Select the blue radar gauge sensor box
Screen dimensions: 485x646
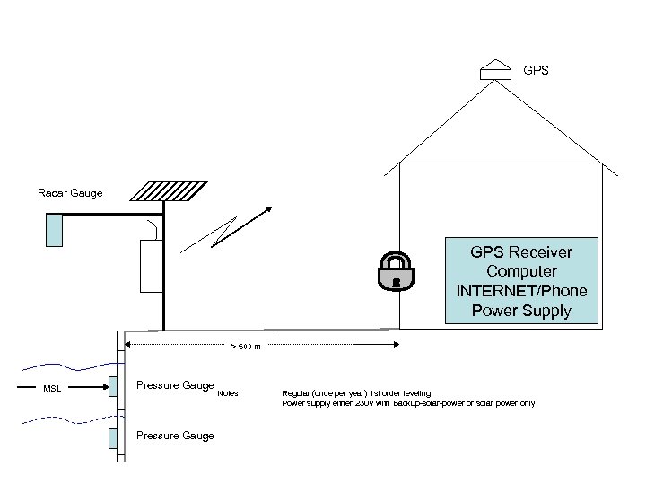pyautogui.click(x=55, y=228)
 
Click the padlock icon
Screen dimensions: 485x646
pyautogui.click(x=395, y=270)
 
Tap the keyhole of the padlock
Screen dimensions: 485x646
pyautogui.click(x=395, y=279)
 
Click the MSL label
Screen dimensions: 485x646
pyautogui.click(x=52, y=389)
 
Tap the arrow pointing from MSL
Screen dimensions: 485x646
pyautogui.click(x=85, y=388)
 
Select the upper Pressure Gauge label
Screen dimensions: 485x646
pyautogui.click(x=175, y=385)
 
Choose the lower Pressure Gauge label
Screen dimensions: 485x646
pyautogui.click(x=175, y=436)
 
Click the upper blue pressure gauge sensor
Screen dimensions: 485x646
pyautogui.click(x=112, y=388)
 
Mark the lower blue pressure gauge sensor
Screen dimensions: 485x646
pyautogui.click(x=112, y=439)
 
